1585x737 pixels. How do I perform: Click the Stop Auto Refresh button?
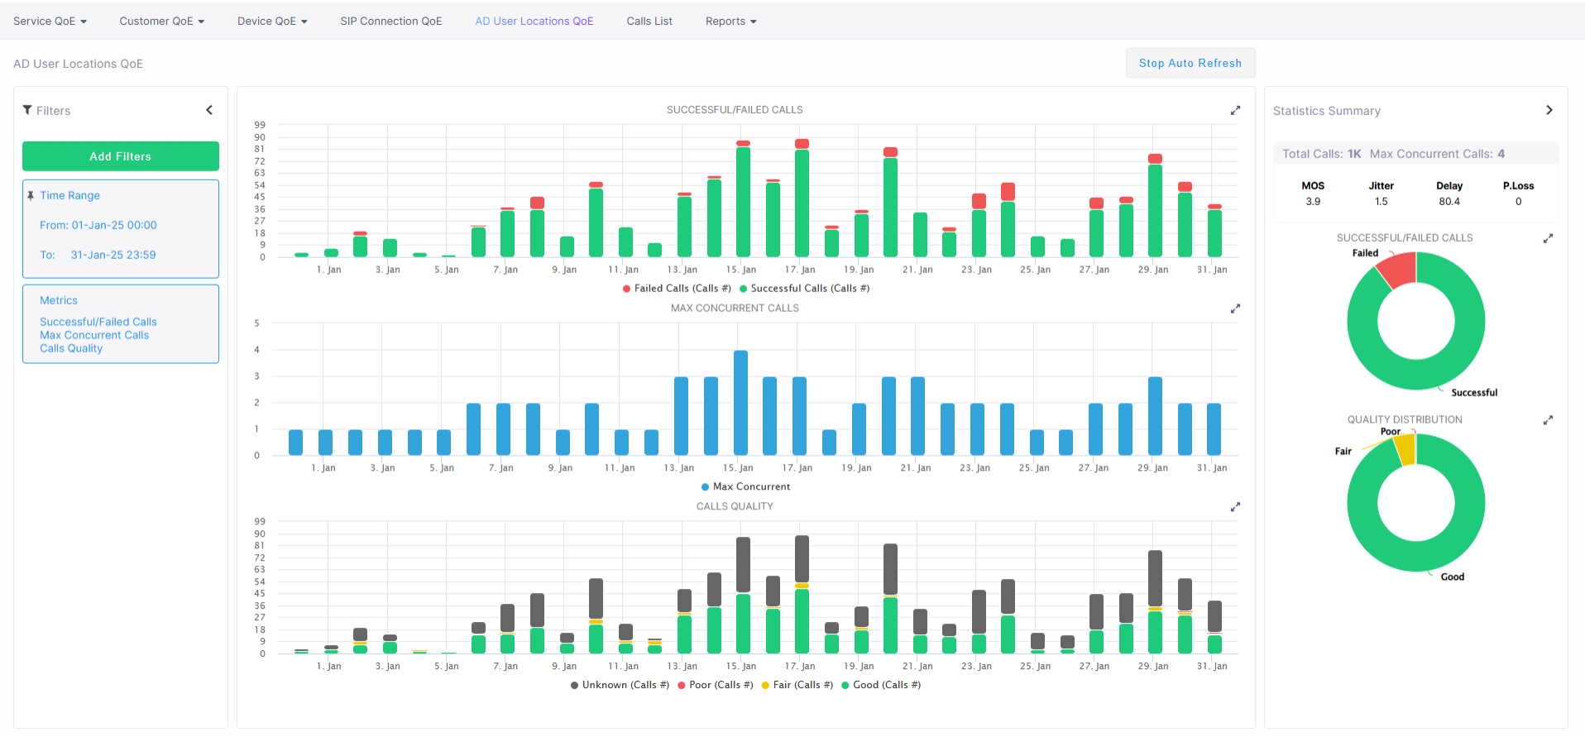point(1190,63)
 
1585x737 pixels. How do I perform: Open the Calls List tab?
point(649,21)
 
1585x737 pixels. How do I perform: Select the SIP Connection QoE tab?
point(391,21)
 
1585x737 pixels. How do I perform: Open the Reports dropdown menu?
point(730,21)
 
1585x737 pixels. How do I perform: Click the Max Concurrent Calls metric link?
point(94,335)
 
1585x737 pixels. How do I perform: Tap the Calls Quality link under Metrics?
point(71,348)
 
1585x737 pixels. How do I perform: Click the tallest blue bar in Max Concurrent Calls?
point(740,402)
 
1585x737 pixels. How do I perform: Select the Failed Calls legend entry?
point(677,289)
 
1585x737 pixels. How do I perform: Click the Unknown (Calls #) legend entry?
point(620,685)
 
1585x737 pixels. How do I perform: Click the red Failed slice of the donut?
point(1397,270)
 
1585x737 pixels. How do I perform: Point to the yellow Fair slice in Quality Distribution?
point(1405,449)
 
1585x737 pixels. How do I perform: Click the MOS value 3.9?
point(1313,202)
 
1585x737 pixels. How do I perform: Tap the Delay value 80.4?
point(1449,202)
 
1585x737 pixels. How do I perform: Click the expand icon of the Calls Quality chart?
point(1235,507)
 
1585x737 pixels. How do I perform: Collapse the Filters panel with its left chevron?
point(209,110)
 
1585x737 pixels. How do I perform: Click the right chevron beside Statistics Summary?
point(1549,110)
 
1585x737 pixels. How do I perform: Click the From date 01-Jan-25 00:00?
point(114,225)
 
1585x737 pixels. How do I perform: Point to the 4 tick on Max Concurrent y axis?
point(256,350)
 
